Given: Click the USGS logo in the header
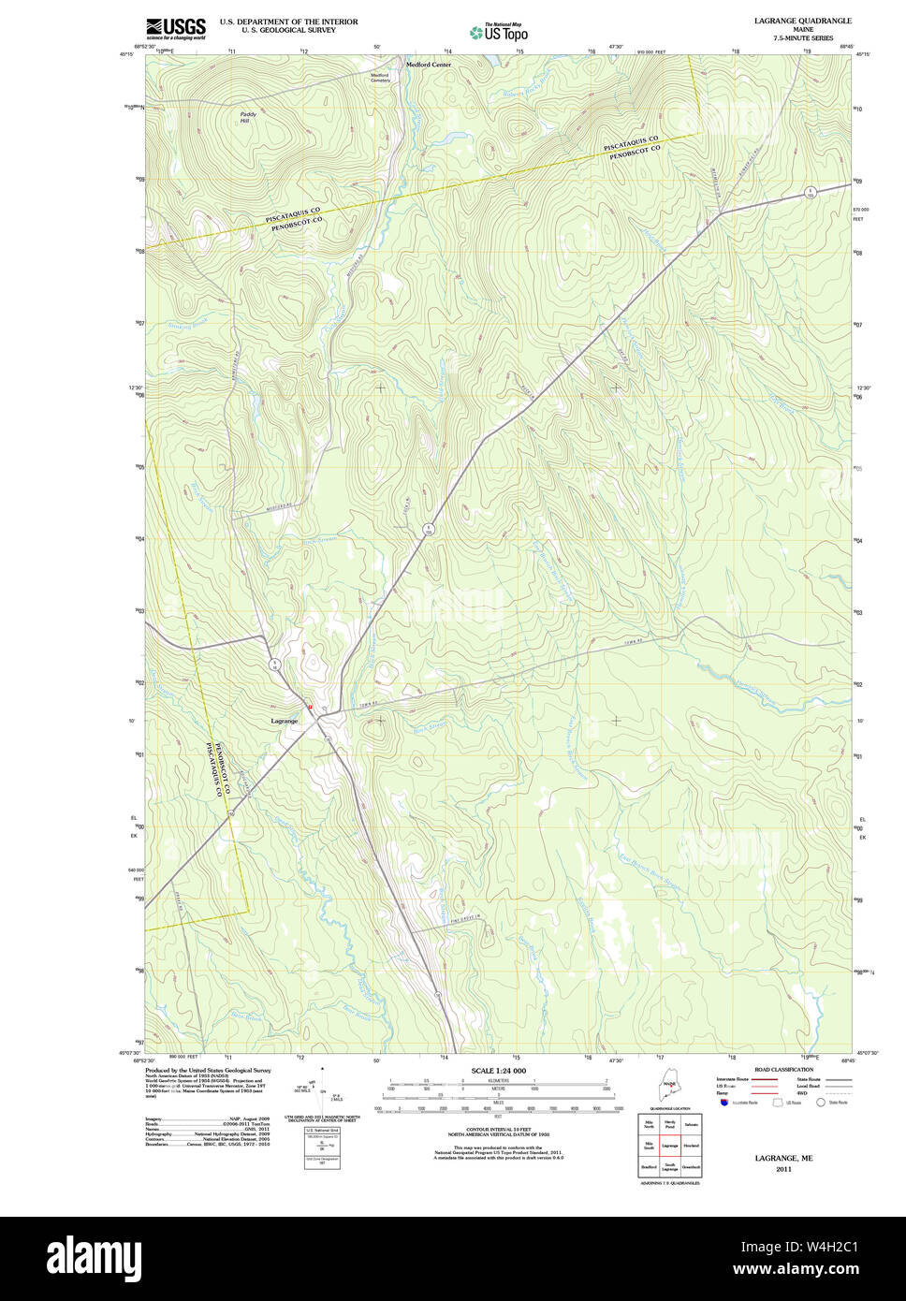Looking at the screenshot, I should coord(175,28).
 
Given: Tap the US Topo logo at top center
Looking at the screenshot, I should coord(499,32).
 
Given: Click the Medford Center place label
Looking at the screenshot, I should coord(428,65).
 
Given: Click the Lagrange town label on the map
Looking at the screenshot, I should coord(284,721).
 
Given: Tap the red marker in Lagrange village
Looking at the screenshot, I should coord(310,707).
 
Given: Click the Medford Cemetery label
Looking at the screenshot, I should coord(380,78).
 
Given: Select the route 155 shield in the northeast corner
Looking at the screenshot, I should coord(812,192).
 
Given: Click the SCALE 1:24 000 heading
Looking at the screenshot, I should coord(498,1071).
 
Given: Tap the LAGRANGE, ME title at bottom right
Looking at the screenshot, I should coord(783,1158).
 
